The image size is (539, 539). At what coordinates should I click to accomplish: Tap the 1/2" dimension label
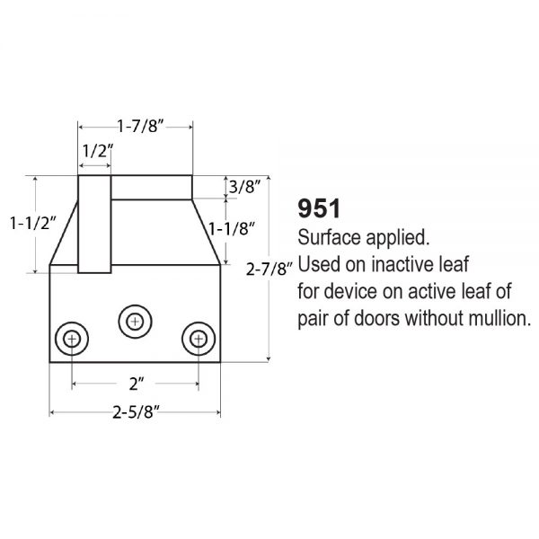(95, 151)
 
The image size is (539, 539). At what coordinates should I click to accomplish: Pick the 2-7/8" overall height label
(269, 268)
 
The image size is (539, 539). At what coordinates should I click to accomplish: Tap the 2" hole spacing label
(136, 384)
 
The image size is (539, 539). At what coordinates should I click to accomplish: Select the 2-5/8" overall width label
(136, 412)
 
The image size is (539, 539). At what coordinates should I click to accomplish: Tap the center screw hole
(134, 320)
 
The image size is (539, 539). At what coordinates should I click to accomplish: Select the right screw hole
(196, 340)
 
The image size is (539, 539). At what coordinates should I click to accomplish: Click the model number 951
(318, 210)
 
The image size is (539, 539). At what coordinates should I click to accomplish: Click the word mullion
(492, 318)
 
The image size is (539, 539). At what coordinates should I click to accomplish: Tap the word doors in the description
(384, 318)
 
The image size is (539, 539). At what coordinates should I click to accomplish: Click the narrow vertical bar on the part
(93, 225)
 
